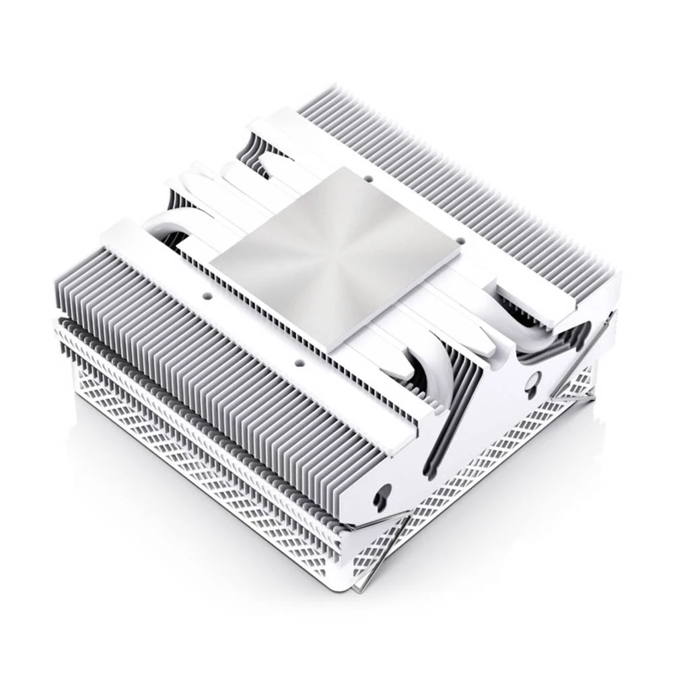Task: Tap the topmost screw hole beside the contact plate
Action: click(x=367, y=179)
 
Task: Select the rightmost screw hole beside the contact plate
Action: click(x=460, y=239)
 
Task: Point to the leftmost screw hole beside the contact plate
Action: click(x=208, y=294)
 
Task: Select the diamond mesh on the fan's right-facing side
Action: click(x=491, y=471)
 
